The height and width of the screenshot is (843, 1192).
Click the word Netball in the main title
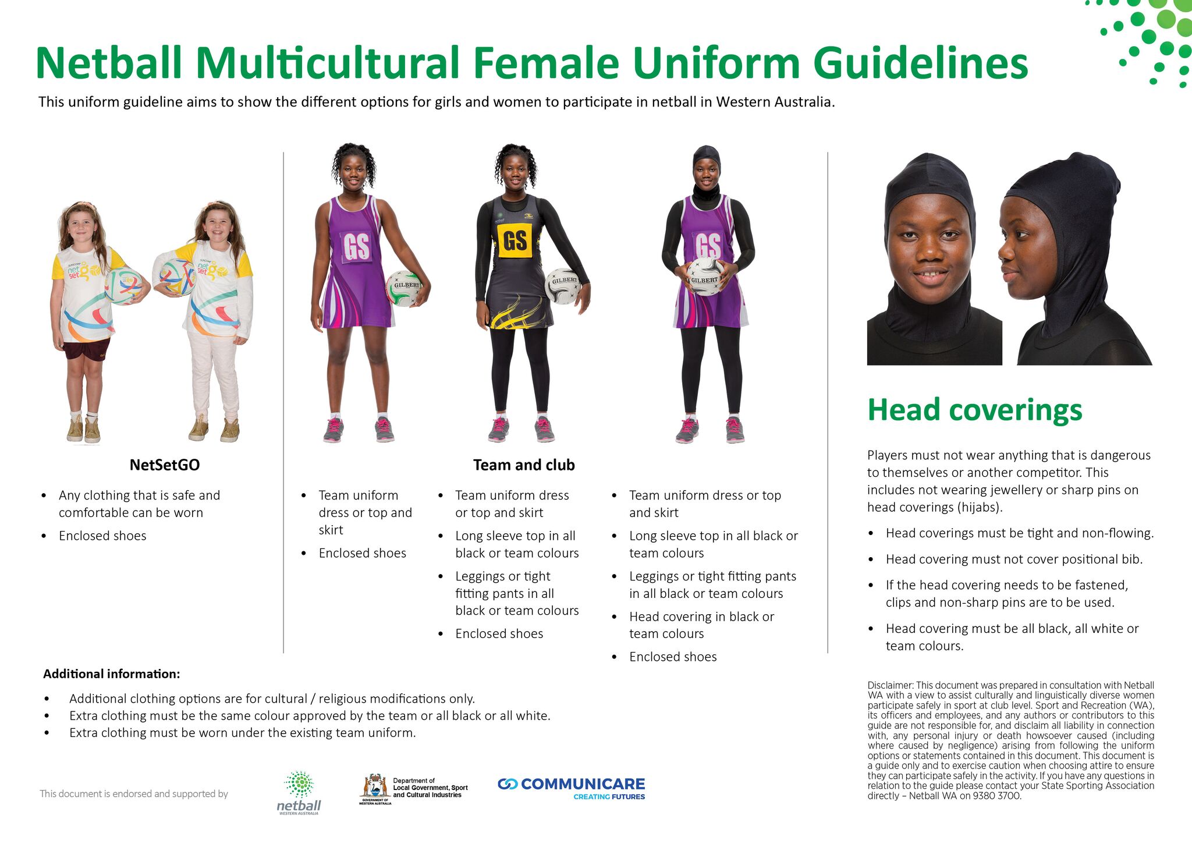109,63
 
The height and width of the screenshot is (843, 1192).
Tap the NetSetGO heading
164,465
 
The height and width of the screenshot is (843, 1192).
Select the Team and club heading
524,465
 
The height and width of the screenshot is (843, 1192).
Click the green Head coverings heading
974,410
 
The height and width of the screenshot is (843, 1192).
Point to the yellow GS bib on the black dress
515,240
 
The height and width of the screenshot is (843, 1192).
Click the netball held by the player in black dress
563,286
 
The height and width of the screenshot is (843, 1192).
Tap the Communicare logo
572,788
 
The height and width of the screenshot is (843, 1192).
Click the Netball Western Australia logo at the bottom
299,792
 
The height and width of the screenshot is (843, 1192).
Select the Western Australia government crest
375,788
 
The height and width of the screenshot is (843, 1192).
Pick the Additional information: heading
112,674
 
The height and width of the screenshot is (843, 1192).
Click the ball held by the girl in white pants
176,278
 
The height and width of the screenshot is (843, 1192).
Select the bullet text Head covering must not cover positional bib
1014,559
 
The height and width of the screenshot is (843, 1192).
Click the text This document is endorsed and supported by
134,794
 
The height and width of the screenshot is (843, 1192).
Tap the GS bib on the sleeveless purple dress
356,247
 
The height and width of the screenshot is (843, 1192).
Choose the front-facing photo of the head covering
934,259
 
